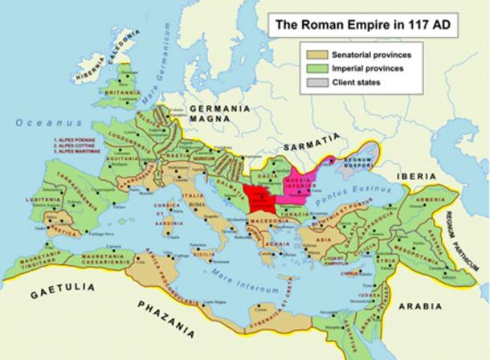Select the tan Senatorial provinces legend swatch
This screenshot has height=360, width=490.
(x=316, y=55)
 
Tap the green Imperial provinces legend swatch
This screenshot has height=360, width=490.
(x=316, y=69)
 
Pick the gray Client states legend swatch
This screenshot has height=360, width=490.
(x=316, y=83)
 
